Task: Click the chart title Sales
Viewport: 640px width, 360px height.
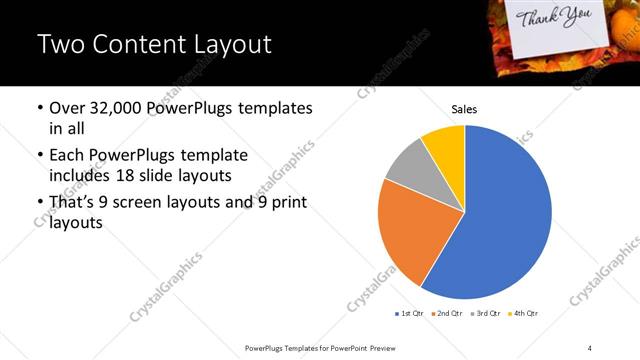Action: (x=465, y=108)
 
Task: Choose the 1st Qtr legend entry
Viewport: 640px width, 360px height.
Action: (x=410, y=314)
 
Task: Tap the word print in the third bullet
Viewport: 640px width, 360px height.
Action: (x=290, y=203)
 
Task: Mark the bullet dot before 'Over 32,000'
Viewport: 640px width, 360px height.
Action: (x=39, y=108)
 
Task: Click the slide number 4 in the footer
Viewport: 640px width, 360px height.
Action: (x=590, y=347)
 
